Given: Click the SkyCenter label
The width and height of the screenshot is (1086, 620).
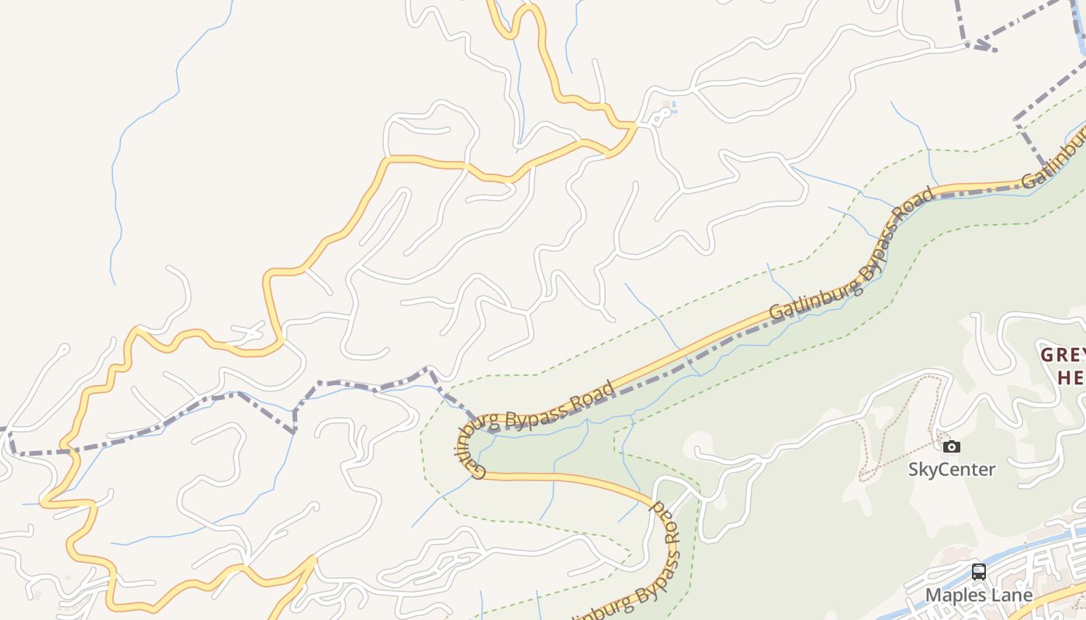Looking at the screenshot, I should [x=952, y=469].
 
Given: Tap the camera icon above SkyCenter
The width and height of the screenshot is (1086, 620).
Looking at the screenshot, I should [x=952, y=446].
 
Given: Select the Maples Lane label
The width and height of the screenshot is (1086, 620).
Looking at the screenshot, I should [x=979, y=595].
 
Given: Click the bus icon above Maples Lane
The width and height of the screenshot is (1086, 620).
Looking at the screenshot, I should [x=979, y=573].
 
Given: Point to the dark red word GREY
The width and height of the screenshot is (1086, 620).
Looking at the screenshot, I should [x=1062, y=356].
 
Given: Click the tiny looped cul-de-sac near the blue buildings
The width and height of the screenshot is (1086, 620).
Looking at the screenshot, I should [x=660, y=116].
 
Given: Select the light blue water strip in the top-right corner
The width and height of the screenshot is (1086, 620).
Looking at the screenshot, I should [x=1081, y=31].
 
